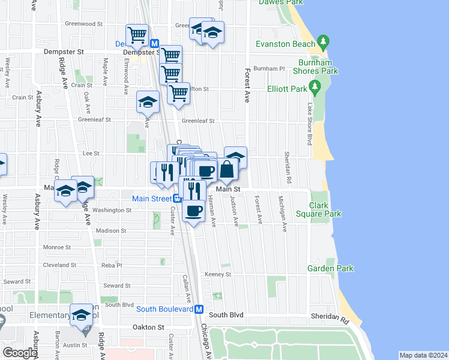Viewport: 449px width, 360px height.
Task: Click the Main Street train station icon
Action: (x=178, y=199)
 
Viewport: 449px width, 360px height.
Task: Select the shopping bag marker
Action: (x=228, y=169)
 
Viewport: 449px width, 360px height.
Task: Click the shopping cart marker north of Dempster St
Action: (x=137, y=35)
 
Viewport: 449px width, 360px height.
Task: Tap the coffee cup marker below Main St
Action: (x=194, y=211)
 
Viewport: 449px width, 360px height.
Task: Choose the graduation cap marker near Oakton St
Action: (x=81, y=314)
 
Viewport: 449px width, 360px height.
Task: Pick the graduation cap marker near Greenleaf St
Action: (x=148, y=101)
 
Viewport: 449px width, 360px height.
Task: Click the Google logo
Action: (x=20, y=353)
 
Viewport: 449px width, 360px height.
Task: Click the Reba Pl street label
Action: (x=112, y=265)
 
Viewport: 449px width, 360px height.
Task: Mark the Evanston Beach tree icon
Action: (x=324, y=43)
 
